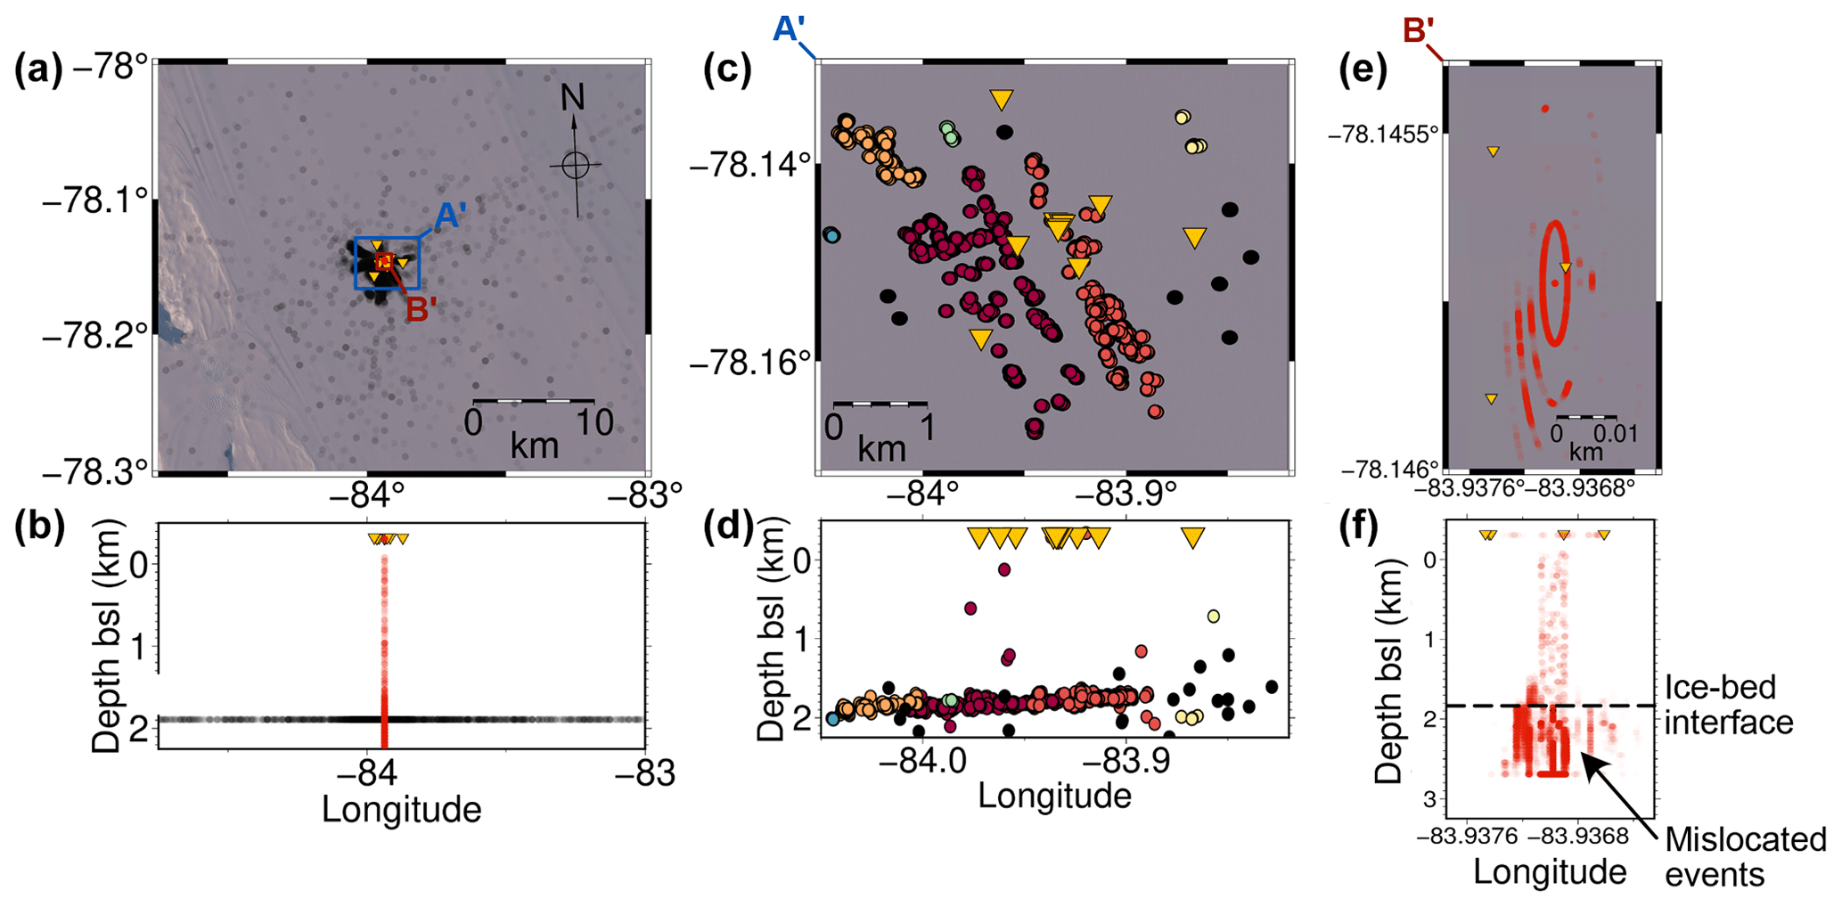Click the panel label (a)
[38, 69]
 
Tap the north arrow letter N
[572, 97]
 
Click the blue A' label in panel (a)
[450, 216]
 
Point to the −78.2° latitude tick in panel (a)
[95, 337]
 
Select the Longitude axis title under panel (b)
[401, 810]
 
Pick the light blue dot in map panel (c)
[831, 236]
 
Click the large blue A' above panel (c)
[789, 30]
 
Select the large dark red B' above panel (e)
[1418, 31]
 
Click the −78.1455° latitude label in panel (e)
[1383, 135]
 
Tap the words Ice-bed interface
[1728, 705]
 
